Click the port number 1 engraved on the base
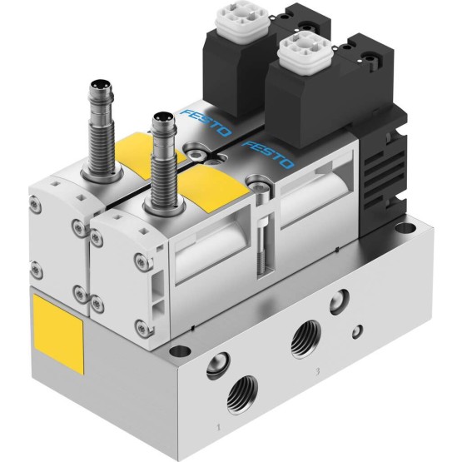[x=218, y=427]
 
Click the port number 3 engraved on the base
[x=317, y=372]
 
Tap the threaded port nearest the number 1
[x=242, y=395]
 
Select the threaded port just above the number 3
[x=306, y=340]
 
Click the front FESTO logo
[x=268, y=154]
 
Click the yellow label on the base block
[x=58, y=334]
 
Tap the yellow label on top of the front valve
[x=211, y=186]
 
